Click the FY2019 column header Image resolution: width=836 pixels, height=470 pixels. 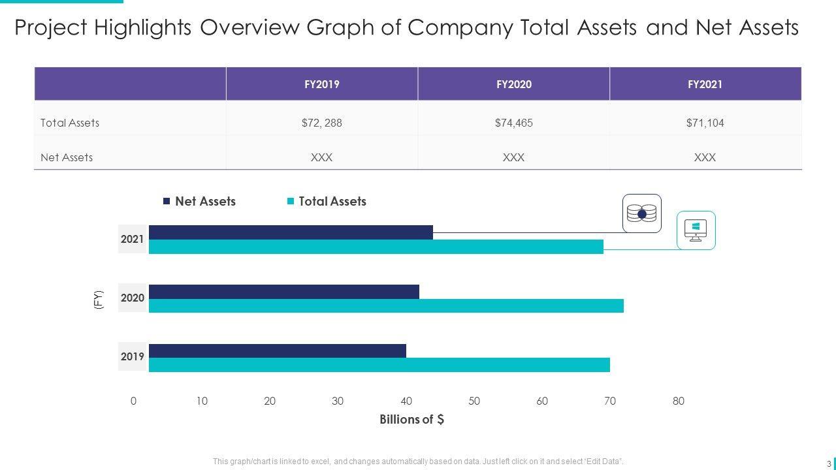321,84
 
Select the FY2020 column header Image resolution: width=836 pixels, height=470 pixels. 513,84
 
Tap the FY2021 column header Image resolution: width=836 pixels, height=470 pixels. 705,84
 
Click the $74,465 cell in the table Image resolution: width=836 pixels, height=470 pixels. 513,123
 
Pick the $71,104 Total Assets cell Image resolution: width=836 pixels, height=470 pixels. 705,123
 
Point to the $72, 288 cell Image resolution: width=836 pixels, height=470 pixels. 321,123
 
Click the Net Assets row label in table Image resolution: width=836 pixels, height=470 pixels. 67,157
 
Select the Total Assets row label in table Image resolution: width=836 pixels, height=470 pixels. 70,123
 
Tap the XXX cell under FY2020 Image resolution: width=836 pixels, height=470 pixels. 513,157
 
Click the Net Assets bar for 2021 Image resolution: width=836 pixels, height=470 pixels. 291,232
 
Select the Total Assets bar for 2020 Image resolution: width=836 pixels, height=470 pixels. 386,305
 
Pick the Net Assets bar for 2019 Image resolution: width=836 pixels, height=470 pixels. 278,351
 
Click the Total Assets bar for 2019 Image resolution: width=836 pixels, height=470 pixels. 379,365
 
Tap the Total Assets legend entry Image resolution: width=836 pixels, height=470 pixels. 332,202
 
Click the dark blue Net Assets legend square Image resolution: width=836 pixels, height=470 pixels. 167,202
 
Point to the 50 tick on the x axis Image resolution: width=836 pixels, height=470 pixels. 474,401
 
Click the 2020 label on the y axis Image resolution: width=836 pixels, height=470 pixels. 133,298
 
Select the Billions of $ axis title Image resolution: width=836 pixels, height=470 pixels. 412,420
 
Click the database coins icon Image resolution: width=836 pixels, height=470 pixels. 641,213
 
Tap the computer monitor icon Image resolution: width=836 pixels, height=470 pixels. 696,230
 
